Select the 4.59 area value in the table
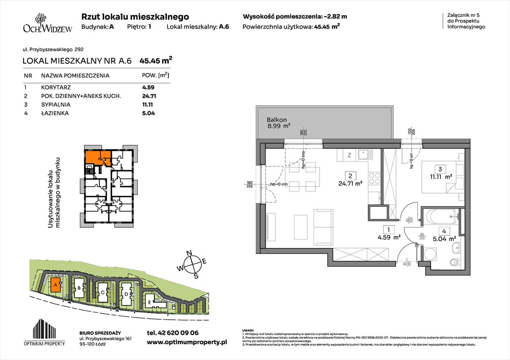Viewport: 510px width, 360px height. point(148,87)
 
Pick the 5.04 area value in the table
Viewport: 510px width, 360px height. point(148,113)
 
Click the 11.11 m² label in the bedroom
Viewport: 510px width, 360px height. point(441,177)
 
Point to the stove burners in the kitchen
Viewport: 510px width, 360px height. point(375,178)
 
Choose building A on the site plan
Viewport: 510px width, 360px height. point(55,284)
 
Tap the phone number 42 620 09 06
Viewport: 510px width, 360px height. point(173,333)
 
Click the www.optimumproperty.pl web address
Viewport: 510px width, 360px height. point(187,343)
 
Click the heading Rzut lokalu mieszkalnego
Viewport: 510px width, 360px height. point(135,16)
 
